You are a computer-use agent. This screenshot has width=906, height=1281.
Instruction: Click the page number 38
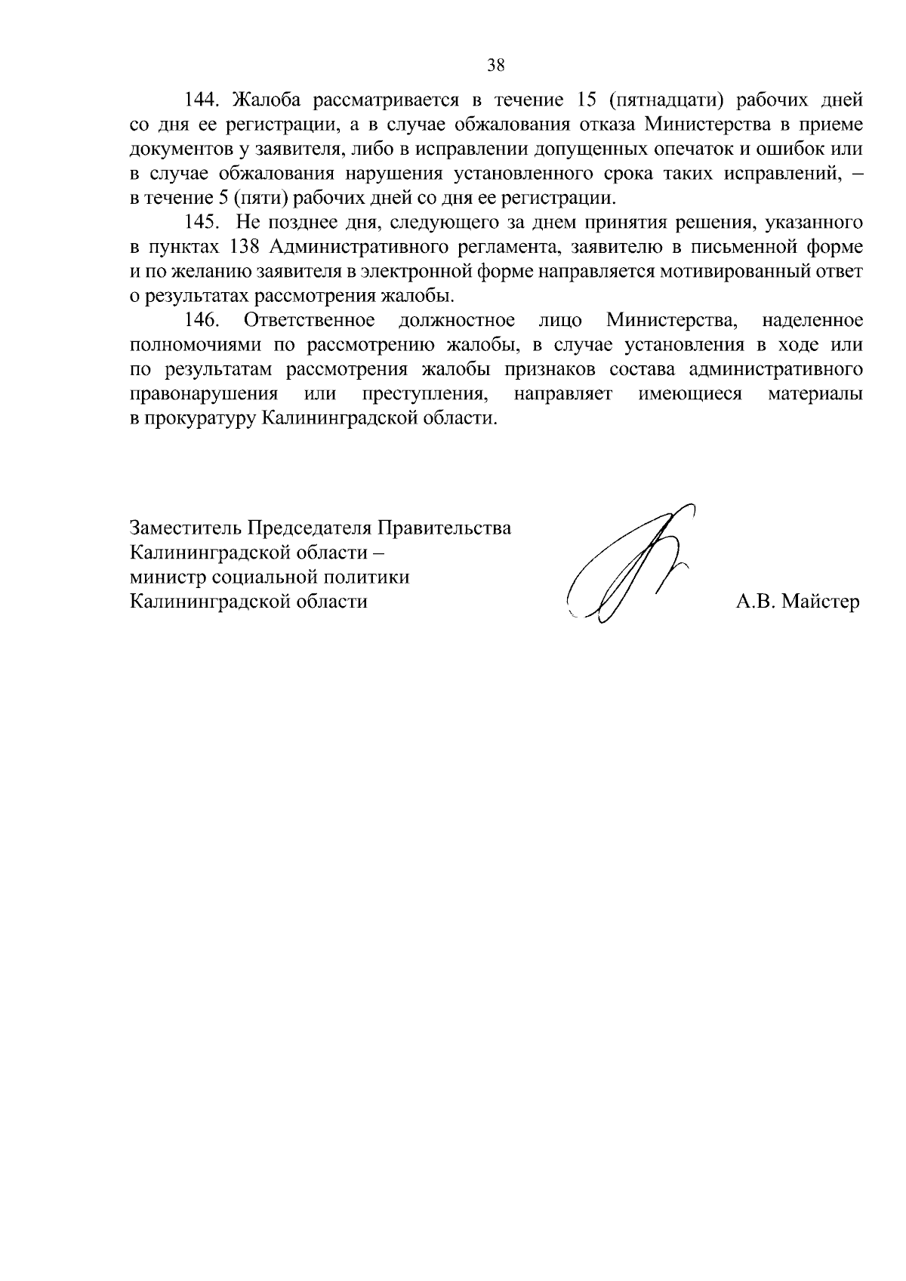(x=495, y=65)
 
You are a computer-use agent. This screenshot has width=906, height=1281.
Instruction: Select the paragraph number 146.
(x=202, y=320)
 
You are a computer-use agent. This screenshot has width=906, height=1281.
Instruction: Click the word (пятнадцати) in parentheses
(x=666, y=100)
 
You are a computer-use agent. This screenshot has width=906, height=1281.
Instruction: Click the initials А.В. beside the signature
(x=757, y=602)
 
